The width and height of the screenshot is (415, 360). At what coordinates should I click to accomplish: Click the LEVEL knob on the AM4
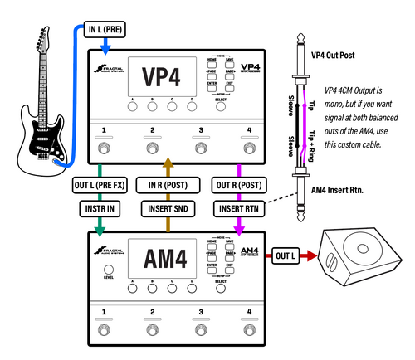tap(108, 272)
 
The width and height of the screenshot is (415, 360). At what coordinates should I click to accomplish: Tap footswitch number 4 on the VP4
tap(247, 148)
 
